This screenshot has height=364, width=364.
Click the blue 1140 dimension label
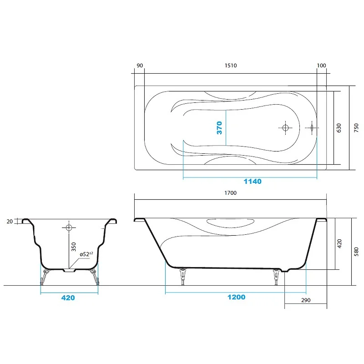pos(253,181)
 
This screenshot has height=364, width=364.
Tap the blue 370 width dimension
pos(219,128)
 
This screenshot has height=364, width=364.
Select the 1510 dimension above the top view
pos(231,66)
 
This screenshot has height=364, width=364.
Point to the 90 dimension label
pos(140,66)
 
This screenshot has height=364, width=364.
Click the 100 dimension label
pos(322,66)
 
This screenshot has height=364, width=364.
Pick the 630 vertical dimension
pos(339,128)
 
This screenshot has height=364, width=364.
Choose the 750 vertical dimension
pos(356,128)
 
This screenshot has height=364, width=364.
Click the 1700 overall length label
pos(231,193)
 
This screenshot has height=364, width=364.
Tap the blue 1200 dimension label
pos(236,297)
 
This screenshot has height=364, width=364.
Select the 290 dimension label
pos(306,300)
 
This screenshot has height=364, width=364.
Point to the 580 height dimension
pos(356,252)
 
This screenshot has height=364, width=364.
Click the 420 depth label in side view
pos(339,244)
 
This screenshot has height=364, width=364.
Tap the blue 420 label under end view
pos(68,298)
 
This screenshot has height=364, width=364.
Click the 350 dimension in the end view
pos(74,247)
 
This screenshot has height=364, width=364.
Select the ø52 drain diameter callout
pos(86,254)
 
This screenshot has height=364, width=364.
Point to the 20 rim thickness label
pos(10,222)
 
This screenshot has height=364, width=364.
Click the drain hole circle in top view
pos(285,128)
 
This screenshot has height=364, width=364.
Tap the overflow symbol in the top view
pos(312,128)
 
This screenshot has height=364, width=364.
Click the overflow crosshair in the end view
pos(69,227)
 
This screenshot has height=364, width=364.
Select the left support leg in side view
pos(183,277)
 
